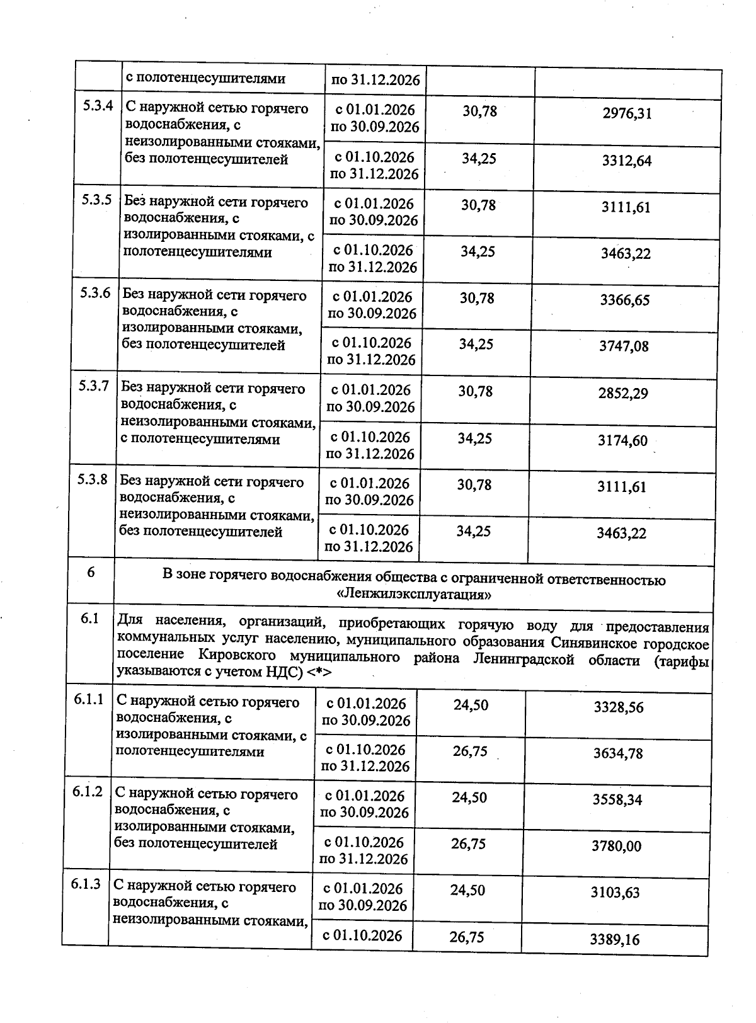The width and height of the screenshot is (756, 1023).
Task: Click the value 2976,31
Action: coord(627,114)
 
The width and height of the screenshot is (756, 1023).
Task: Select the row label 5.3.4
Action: coord(98,106)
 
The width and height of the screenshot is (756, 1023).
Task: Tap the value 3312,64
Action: coord(626,161)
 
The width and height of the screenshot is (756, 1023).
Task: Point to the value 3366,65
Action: coord(624,300)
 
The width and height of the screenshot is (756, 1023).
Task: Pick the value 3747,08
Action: coord(624,346)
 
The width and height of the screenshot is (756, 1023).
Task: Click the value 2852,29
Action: coord(623,394)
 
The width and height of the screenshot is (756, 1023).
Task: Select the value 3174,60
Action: coord(622,441)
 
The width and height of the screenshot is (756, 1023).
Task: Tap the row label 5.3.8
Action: coord(93,479)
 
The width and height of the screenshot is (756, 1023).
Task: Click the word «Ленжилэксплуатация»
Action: coord(413,594)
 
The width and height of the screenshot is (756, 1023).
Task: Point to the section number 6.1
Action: coord(90,619)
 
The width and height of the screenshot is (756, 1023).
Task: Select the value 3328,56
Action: coord(619,707)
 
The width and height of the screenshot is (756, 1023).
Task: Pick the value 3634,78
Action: coord(618,753)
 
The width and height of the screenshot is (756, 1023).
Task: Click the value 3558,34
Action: coord(617,800)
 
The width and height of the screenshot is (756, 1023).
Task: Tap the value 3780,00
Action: coord(616,846)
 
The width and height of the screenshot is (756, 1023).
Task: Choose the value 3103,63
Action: coord(616,893)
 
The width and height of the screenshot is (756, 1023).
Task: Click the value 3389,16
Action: coord(614,940)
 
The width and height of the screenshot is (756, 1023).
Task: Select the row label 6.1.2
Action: coord(87,791)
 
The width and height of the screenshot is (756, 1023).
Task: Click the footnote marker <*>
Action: coord(320,673)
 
